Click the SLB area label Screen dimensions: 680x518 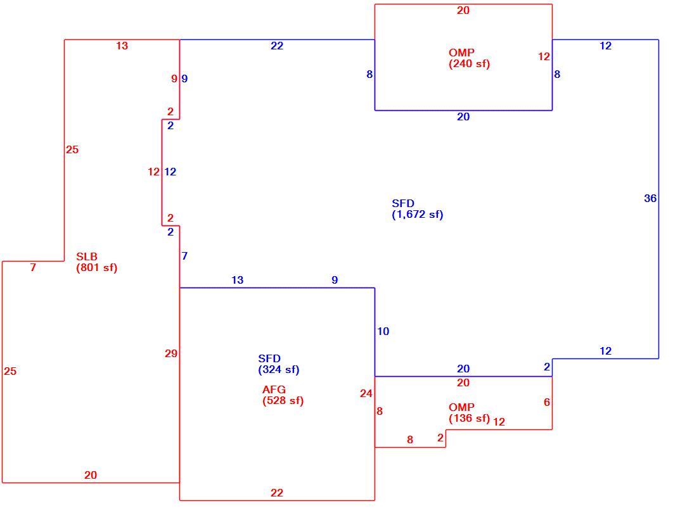click(87, 256)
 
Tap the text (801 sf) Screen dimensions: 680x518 click(97, 267)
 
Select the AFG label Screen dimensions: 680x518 click(274, 389)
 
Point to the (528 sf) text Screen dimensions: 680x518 click(283, 400)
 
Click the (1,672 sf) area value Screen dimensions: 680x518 click(418, 215)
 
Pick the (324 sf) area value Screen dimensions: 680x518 click(279, 370)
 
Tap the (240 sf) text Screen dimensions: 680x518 click(469, 64)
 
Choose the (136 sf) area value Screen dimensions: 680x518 click(469, 419)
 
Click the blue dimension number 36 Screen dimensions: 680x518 click(650, 198)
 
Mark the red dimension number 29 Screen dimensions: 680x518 click(171, 353)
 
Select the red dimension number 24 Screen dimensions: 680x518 click(366, 393)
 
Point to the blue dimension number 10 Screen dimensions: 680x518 click(383, 331)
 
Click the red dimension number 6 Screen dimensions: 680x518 click(547, 402)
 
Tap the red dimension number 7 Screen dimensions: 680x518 click(33, 267)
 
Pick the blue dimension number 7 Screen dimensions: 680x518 click(184, 256)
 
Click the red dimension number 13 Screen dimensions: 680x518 click(122, 46)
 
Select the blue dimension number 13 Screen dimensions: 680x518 click(237, 280)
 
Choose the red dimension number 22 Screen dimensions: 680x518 click(277, 493)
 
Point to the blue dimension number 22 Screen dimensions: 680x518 click(277, 46)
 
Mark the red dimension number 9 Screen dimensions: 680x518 click(174, 79)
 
